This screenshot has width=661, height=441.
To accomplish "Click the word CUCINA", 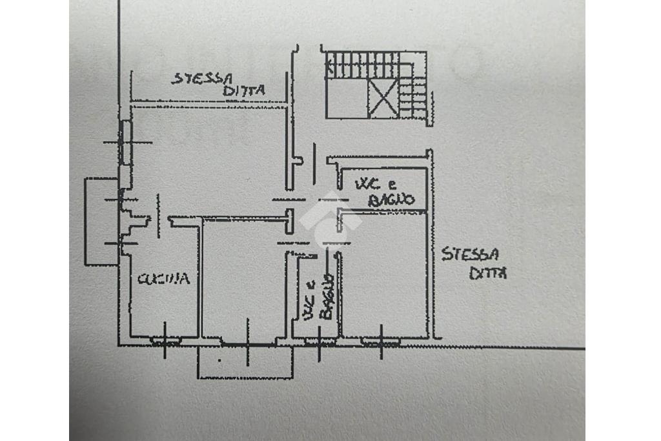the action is click(163, 279).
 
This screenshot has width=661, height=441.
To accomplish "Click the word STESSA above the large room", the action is click(201, 79).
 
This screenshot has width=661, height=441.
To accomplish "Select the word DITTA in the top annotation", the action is click(244, 91).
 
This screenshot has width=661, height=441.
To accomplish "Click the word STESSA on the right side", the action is click(470, 254).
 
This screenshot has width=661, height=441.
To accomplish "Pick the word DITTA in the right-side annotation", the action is click(488, 273).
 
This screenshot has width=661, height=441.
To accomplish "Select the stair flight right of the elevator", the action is click(414, 97).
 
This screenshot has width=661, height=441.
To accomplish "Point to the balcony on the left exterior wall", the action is click(101, 221).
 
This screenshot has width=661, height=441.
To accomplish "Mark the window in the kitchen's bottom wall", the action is click(165, 339).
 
